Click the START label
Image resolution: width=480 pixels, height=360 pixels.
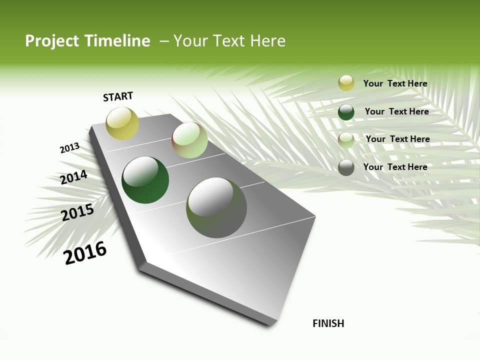(118, 96)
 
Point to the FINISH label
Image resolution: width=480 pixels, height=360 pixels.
(328, 323)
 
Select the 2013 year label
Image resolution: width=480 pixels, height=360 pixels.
(69, 148)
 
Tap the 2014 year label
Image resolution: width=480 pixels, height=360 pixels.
(73, 177)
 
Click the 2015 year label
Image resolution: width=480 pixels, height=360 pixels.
(77, 212)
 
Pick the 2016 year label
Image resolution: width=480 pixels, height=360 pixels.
(85, 253)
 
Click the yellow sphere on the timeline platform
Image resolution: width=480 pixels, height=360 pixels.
(122, 123)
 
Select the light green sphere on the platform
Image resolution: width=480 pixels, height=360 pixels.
(189, 140)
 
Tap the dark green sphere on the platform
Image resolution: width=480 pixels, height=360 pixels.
(145, 180)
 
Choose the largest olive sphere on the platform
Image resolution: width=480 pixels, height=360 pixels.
(216, 207)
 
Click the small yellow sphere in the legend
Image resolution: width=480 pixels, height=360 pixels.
(346, 83)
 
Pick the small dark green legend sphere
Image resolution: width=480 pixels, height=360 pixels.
(346, 112)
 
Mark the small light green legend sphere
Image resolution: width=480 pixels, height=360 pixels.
(346, 140)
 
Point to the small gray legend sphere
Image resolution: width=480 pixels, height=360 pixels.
(346, 167)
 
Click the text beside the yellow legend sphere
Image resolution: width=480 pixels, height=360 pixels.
(395, 83)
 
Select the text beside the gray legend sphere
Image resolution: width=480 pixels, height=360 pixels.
(395, 167)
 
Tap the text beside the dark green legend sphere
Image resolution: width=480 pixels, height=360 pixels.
(396, 111)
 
